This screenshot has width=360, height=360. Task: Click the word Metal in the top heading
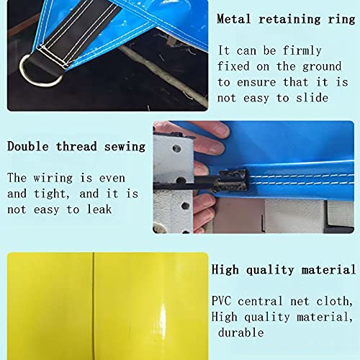point(234,19)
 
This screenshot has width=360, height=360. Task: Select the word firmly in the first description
point(302,50)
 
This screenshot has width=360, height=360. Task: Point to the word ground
point(322,67)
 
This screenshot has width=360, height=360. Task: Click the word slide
point(312,98)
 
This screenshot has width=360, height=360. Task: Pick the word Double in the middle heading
point(28,146)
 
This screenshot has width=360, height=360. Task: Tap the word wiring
point(53,179)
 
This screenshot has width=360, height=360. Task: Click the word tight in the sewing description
point(50,194)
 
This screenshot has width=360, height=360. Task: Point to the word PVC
point(221,301)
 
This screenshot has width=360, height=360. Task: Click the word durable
point(241,333)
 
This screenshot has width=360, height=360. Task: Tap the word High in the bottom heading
point(225,269)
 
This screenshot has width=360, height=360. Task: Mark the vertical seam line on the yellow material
point(93,306)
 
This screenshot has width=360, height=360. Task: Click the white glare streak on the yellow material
point(163,322)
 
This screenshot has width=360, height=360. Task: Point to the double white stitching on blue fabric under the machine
point(301,179)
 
